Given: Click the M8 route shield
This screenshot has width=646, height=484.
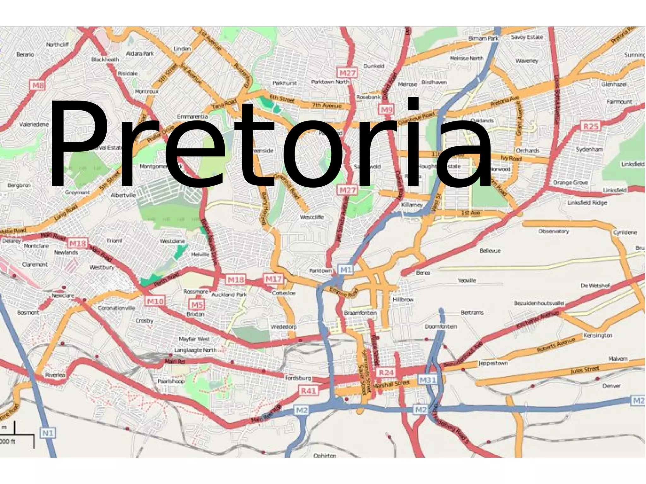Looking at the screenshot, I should (38, 85).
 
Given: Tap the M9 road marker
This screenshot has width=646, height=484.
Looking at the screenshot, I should (386, 109).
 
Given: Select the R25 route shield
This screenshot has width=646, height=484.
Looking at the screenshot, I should (590, 126).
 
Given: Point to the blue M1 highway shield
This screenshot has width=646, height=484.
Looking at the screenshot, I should (346, 270).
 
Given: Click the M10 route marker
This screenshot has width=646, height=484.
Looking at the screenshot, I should (155, 301).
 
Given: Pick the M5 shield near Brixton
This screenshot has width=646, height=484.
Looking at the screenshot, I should (197, 305).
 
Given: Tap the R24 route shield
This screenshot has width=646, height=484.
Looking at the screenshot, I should (386, 373).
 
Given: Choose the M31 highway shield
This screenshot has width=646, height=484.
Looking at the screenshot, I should (427, 380).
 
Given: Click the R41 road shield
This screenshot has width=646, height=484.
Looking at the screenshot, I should (308, 391).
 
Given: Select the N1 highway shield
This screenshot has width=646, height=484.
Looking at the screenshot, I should (48, 433).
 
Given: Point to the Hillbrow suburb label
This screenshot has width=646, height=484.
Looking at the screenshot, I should (403, 299).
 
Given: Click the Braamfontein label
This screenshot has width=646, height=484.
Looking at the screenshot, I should (360, 313).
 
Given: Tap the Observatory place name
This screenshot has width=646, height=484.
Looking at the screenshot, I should (553, 231).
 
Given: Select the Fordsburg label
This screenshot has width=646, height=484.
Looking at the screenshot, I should (298, 378).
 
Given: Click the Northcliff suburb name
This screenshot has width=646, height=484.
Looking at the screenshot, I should (57, 44).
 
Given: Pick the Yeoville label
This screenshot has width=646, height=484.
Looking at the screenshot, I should (467, 280).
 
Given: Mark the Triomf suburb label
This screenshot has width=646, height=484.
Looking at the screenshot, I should (114, 241).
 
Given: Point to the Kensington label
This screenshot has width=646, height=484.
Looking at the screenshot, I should (598, 335).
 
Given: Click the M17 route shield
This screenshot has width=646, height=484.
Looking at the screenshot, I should (273, 279).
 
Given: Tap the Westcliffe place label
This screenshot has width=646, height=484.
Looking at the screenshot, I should (312, 217).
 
